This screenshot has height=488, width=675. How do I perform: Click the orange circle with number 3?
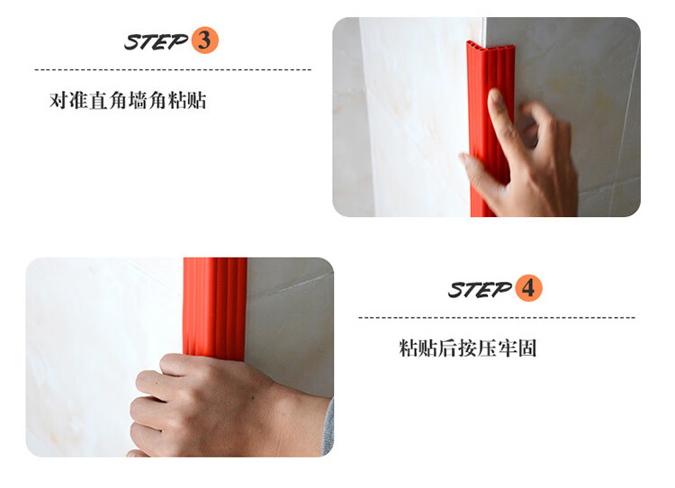[x=204, y=40]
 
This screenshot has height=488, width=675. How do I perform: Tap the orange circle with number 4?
[x=528, y=288]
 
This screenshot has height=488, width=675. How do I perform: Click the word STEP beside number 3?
[x=157, y=41]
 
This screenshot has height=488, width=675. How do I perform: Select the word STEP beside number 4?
[x=480, y=289]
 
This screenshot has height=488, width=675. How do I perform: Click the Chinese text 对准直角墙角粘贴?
[x=128, y=101]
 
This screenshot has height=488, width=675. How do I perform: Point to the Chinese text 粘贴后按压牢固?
[x=468, y=348]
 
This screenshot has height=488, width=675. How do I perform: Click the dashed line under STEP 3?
[x=173, y=69]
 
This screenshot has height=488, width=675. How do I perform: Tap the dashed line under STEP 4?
[x=497, y=318]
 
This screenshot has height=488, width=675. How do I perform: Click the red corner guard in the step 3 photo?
[x=490, y=130]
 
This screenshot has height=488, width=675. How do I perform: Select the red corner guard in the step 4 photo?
[x=215, y=307]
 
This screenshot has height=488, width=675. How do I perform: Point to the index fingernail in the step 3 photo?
[x=496, y=97]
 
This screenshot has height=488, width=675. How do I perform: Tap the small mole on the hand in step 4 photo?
[x=251, y=398]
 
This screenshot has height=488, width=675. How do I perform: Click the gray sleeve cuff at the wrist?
[x=328, y=426]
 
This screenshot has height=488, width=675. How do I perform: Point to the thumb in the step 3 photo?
[x=477, y=171]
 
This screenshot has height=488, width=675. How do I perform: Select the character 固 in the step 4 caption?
[x=527, y=348]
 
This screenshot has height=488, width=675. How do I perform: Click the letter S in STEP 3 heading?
[x=132, y=42]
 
